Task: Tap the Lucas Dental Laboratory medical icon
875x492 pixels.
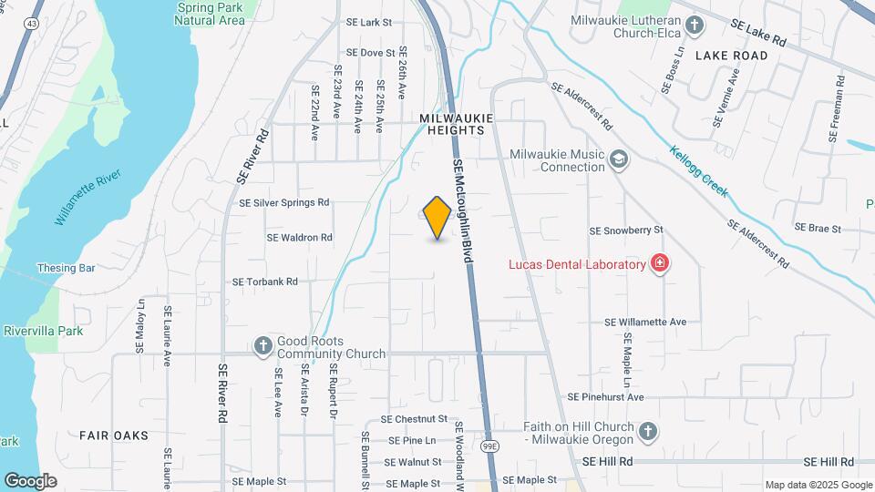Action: (660, 264)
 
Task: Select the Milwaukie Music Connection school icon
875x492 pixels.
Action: (620, 160)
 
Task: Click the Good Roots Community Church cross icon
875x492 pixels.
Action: (262, 345)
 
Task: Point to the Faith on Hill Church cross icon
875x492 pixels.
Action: (647, 430)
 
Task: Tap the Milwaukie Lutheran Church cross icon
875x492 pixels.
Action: (695, 25)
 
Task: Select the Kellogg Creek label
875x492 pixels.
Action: (699, 170)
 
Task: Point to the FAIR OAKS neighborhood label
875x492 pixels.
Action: (113, 436)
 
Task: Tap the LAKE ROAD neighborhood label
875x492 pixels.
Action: (731, 56)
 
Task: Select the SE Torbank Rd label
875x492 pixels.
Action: (265, 282)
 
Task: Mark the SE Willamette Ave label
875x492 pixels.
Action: (645, 322)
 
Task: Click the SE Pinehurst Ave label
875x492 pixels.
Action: (605, 397)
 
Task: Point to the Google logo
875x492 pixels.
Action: (30, 480)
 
